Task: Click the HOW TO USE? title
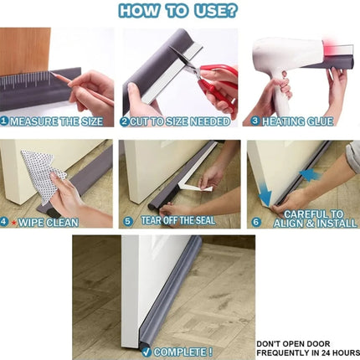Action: click(177, 12)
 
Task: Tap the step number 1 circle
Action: click(6, 121)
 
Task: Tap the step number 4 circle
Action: click(6, 223)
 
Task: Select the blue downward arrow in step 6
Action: click(265, 197)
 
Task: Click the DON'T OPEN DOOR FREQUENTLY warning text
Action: click(297, 347)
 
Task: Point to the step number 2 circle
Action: click(125, 121)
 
